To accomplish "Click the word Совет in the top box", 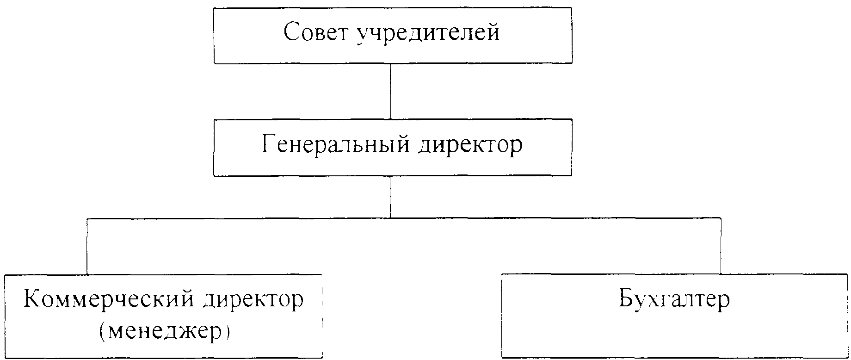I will pos(317,33).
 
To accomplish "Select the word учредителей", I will pos(428,34).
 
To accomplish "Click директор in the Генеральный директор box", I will pos(470,146).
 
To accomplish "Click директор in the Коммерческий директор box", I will pos(253,300).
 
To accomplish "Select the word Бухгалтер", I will pos(674,299).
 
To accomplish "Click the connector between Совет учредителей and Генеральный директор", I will pos(391,91).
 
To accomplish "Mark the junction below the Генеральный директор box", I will pos(391,217).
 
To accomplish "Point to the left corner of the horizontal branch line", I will pos(87,217).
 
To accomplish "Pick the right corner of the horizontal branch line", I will pos(721,217).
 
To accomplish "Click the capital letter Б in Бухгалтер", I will pos(627,299).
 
